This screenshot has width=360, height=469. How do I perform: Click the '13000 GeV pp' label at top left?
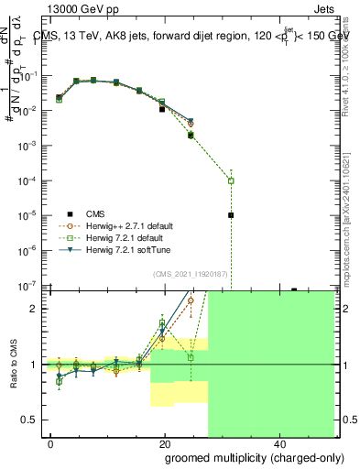[x=76, y=8]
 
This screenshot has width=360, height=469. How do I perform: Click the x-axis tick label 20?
[x=164, y=443]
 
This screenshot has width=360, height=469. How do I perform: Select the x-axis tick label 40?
[x=278, y=443]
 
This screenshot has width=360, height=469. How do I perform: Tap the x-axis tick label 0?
[x=50, y=443]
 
